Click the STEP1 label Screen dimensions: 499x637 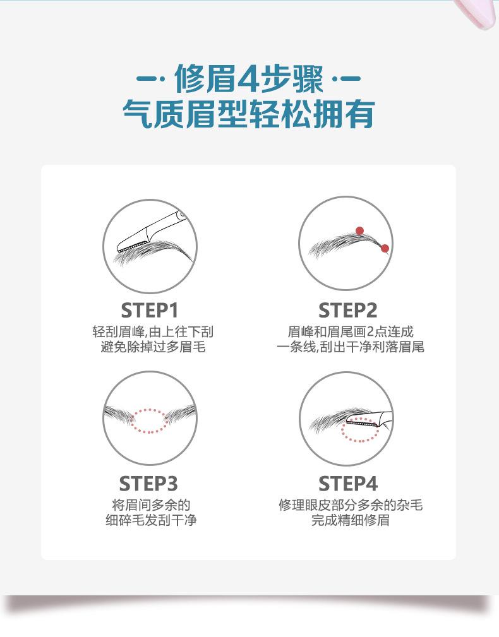point(150,311)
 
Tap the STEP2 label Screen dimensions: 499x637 point(348,311)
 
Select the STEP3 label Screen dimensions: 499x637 point(148,484)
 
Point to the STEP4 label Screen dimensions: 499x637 point(348,484)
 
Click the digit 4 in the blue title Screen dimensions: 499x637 point(248,78)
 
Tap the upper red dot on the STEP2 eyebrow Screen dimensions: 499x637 point(359,231)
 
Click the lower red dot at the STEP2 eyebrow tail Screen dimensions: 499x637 point(385,248)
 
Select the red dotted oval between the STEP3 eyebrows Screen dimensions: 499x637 point(150,420)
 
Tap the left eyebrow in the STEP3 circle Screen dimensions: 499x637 point(119,415)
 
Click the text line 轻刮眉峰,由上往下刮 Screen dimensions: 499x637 point(153,332)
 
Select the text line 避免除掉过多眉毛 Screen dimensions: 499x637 point(153,347)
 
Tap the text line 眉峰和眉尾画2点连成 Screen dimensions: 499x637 point(351,332)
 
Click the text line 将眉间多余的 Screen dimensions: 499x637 point(151,505)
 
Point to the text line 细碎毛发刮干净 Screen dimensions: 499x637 point(151,520)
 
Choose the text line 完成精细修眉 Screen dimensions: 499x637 point(351,520)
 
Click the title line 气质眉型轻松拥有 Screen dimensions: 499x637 point(249,114)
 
